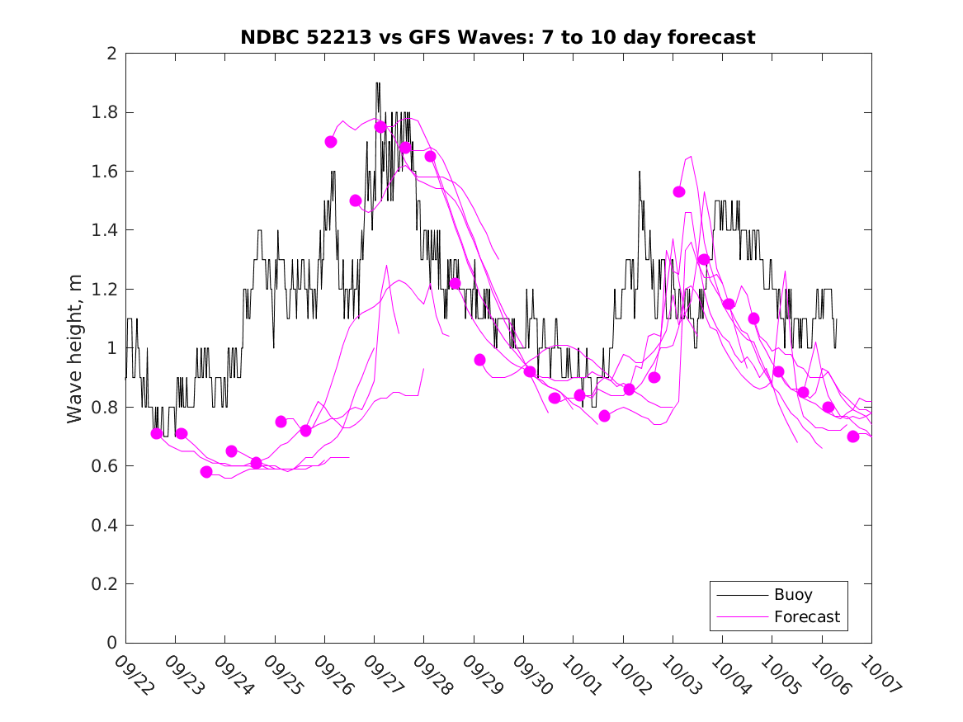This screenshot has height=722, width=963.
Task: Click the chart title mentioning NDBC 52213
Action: pos(498,37)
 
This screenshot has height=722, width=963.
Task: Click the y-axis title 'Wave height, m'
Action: pos(75,348)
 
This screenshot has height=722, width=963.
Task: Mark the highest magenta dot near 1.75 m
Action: pos(380,126)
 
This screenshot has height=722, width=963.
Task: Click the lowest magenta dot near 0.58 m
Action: pos(206,472)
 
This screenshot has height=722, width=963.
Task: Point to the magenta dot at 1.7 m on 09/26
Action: pos(331,141)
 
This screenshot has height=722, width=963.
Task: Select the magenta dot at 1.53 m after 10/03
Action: pos(679,191)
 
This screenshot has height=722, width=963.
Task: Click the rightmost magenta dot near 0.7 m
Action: pos(853,437)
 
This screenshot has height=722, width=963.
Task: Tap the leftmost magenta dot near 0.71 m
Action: pos(157,433)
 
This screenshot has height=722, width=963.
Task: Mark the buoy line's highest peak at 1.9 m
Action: pos(378,83)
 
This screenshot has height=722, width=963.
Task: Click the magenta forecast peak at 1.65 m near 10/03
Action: pos(690,156)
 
